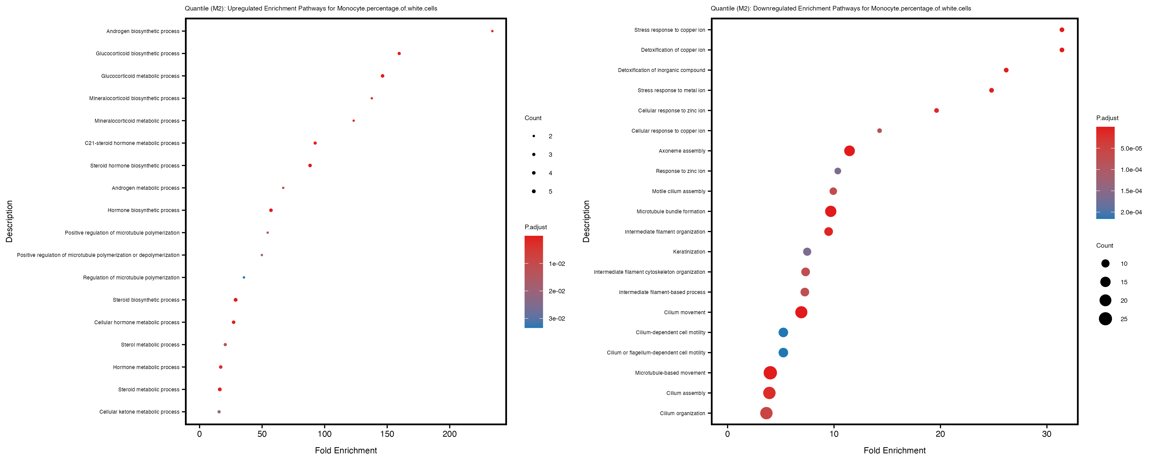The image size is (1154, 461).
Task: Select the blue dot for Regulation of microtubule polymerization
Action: point(244,277)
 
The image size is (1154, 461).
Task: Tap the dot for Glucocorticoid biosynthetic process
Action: point(399,54)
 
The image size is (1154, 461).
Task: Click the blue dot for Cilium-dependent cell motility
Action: point(783,332)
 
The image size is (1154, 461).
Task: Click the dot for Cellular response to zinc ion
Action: point(936,111)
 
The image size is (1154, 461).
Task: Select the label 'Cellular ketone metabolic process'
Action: point(139,412)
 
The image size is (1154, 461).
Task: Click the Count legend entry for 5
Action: point(534,192)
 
